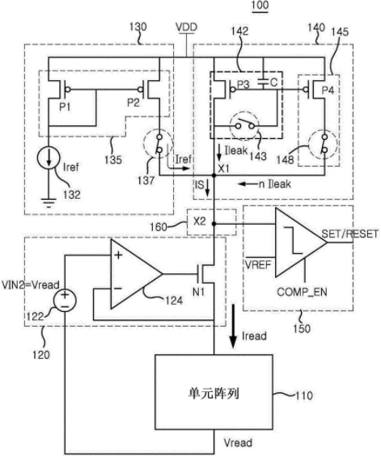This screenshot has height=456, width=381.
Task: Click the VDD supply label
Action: (187, 27)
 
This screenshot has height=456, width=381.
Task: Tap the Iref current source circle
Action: (49, 158)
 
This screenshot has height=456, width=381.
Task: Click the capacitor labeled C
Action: (263, 83)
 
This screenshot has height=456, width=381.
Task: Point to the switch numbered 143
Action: (245, 125)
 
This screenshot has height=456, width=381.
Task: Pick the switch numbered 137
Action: (159, 144)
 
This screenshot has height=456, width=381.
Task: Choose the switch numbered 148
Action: (324, 144)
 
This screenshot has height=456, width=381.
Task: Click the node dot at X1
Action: (214, 175)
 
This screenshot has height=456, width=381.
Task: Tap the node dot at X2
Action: (214, 224)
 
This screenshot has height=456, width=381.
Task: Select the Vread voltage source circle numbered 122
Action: (65, 301)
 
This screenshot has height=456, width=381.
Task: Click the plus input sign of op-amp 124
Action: (118, 255)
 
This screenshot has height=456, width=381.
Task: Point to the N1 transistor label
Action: (199, 292)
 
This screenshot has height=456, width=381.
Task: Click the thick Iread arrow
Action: (232, 326)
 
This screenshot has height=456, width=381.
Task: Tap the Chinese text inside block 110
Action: (214, 394)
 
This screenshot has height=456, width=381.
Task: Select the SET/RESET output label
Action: (350, 234)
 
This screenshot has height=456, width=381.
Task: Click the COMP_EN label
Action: (302, 292)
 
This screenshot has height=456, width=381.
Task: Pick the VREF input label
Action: (258, 265)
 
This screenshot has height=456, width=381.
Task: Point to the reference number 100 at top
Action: (260, 6)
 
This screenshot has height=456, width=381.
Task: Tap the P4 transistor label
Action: (328, 91)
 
